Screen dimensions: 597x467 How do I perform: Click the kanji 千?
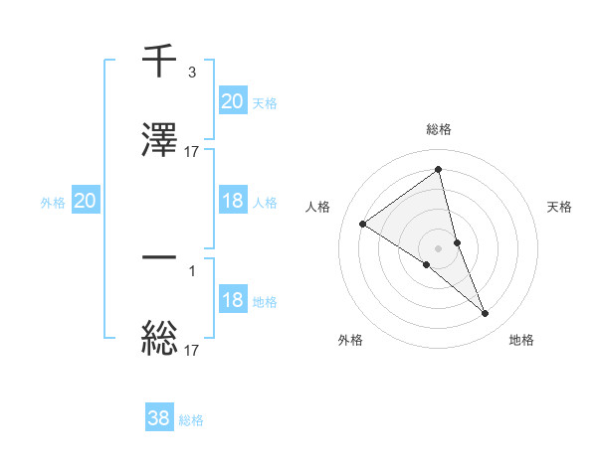(159, 61)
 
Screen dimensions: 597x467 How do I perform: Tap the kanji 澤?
(159, 141)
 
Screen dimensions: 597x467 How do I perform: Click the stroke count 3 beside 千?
(191, 72)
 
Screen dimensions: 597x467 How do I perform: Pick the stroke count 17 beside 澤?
(191, 152)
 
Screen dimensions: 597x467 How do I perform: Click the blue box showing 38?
(159, 419)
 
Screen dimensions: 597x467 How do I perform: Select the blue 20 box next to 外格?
(85, 202)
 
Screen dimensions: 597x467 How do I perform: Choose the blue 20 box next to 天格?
(232, 100)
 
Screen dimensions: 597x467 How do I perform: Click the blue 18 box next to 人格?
(232, 201)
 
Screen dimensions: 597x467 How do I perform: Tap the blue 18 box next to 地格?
(232, 301)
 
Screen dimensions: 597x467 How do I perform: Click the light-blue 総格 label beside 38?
(191, 420)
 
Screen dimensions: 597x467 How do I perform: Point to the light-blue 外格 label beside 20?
(53, 203)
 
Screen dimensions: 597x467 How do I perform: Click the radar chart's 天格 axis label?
(559, 207)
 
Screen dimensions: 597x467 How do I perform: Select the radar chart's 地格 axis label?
(521, 340)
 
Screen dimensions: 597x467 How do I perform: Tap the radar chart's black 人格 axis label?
(317, 207)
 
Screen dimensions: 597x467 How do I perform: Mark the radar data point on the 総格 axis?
(439, 170)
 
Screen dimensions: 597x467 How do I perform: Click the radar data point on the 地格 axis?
(486, 314)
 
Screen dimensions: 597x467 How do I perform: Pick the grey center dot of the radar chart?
(439, 247)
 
